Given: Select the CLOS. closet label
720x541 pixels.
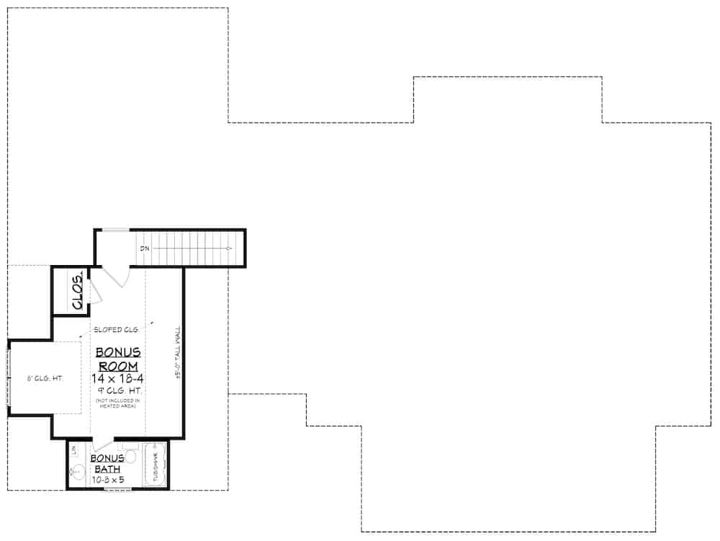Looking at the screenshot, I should click(78, 291).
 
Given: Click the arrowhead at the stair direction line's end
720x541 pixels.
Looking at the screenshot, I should click(228, 249).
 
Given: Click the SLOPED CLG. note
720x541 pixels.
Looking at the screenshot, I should click(116, 330).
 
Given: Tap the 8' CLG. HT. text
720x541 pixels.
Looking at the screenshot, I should click(45, 378).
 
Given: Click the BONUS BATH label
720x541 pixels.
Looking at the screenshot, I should click(107, 463).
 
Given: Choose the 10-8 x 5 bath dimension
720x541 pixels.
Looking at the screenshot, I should click(107, 478).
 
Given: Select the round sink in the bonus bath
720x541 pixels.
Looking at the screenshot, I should click(78, 473).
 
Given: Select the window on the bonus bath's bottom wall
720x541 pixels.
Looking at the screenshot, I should click(117, 489).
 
